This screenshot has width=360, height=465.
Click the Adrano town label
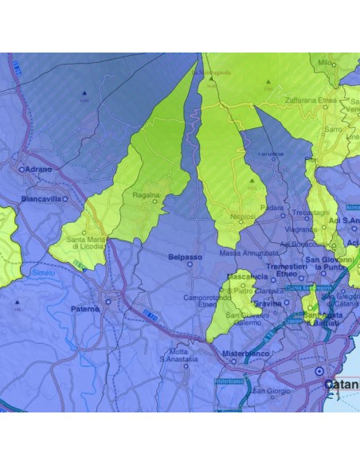(38, 169)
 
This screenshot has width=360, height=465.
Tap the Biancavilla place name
(42, 198)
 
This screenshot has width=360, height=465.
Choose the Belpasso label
(186, 257)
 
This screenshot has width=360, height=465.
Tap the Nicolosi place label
(242, 216)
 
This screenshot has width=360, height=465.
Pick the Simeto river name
(43, 272)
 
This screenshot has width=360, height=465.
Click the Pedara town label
(272, 208)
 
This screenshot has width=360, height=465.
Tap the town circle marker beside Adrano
(22, 169)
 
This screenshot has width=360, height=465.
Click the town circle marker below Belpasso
(190, 265)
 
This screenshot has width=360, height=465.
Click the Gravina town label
(268, 303)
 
